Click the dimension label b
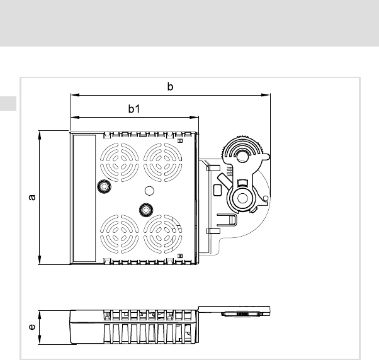click(x=170, y=86)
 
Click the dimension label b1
click(x=134, y=109)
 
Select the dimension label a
click(x=32, y=198)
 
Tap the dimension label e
click(x=32, y=327)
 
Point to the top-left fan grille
click(x=120, y=162)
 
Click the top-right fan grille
click(x=163, y=162)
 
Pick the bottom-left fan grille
click(x=120, y=234)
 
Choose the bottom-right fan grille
click(x=163, y=234)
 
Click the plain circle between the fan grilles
click(x=149, y=191)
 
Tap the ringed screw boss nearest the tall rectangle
click(x=104, y=186)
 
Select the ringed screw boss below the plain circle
click(x=146, y=210)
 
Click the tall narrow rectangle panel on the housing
click(x=84, y=198)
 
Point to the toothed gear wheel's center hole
click(x=242, y=157)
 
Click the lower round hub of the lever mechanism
click(x=242, y=198)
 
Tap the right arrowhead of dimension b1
click(x=194, y=118)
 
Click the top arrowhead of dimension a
click(x=40, y=135)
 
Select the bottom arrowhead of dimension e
click(x=40, y=340)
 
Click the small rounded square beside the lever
click(x=218, y=190)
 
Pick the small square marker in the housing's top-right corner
click(x=180, y=140)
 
